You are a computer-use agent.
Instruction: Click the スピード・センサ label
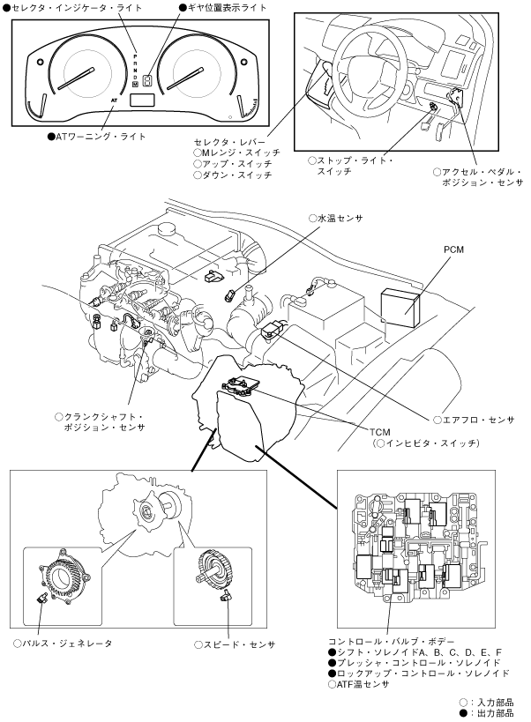coord(239,644)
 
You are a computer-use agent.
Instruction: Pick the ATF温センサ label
coord(362,684)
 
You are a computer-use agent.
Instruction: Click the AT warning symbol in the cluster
coord(115,101)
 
